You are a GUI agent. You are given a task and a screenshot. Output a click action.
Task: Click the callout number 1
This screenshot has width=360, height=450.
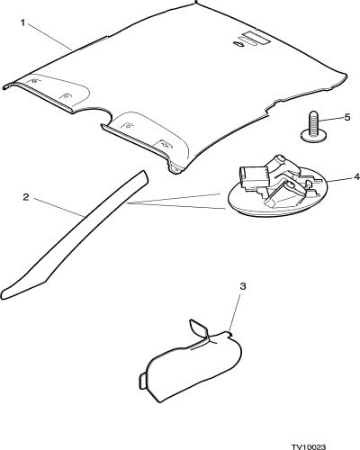pyautogui.click(x=22, y=22)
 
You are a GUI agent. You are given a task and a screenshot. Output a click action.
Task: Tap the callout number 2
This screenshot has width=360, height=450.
pyautogui.click(x=26, y=197)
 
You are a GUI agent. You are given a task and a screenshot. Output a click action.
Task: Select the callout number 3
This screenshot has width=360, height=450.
pyautogui.click(x=243, y=286)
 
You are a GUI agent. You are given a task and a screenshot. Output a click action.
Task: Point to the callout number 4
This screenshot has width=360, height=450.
pyautogui.click(x=356, y=177)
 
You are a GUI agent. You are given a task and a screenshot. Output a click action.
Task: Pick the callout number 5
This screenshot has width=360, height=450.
pyautogui.click(x=347, y=117)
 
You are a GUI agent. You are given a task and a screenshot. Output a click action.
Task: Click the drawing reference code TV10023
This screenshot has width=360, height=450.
pyautogui.click(x=308, y=447)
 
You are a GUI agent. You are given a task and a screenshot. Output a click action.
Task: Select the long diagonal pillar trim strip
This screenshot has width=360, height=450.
pyautogui.click(x=75, y=235)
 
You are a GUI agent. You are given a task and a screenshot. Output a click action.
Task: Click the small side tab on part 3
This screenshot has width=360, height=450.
pyautogui.click(x=142, y=382)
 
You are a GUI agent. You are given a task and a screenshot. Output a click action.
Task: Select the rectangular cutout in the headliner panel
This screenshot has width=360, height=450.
pyautogui.click(x=256, y=38)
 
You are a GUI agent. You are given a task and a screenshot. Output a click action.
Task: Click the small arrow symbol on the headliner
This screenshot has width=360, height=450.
pyautogui.click(x=239, y=44)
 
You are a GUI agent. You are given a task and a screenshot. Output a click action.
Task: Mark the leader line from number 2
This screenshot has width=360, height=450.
pyautogui.click(x=58, y=207)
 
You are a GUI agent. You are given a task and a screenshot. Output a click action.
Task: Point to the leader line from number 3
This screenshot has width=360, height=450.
pyautogui.click(x=235, y=312)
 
